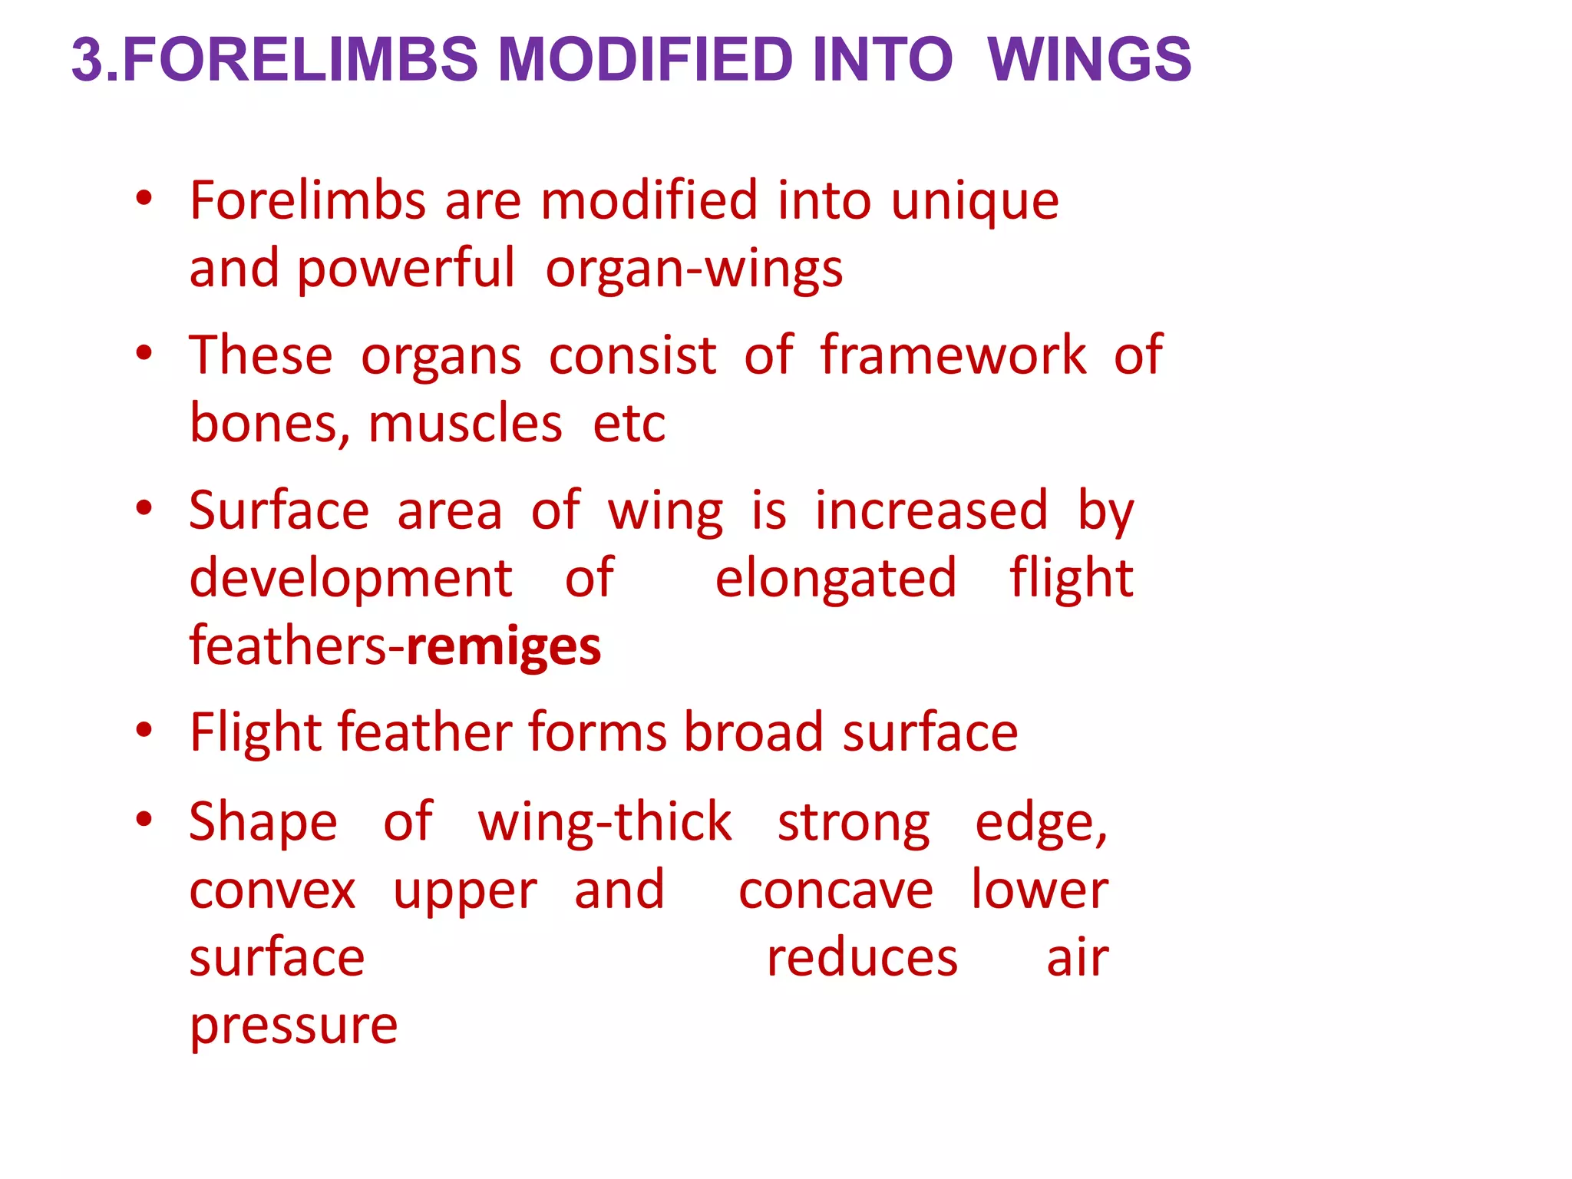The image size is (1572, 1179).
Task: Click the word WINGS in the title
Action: (x=1089, y=59)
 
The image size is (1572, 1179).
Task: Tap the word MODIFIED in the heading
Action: (x=645, y=59)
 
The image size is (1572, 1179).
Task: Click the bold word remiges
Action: (x=504, y=647)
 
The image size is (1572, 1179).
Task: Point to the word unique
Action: (x=975, y=202)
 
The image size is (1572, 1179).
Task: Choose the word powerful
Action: (x=406, y=271)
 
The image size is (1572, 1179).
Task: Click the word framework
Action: (x=953, y=355)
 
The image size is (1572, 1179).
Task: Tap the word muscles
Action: (x=465, y=424)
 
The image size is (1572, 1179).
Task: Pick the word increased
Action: (x=931, y=510)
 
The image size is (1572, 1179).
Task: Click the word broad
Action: (x=754, y=732)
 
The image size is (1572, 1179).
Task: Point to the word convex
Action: (x=272, y=891)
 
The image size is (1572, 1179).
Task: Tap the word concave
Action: (x=836, y=891)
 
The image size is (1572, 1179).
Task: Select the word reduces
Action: (x=862, y=959)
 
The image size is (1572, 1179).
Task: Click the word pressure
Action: (x=293, y=1028)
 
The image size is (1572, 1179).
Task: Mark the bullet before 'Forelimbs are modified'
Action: (x=144, y=199)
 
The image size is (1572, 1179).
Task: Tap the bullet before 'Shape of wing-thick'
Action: (x=144, y=820)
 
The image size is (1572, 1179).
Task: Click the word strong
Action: (x=854, y=824)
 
